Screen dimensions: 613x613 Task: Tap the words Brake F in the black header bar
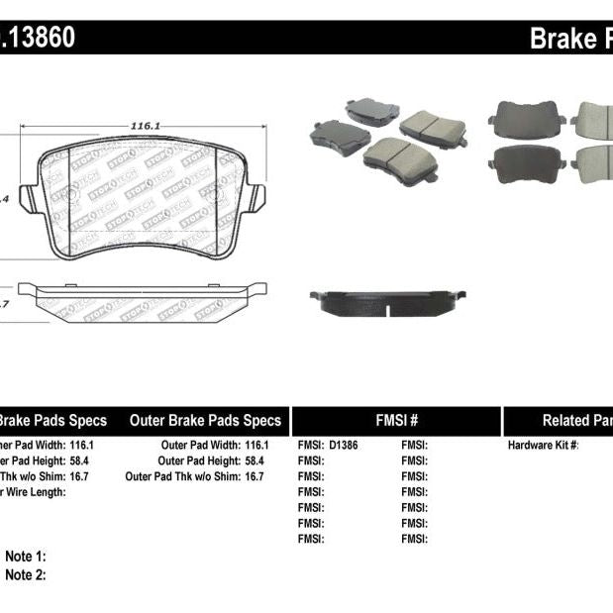coord(570,39)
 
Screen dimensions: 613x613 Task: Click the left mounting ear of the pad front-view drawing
coord(29,198)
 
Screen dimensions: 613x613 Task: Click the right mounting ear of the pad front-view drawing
coord(255,197)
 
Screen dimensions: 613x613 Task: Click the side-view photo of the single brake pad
coord(387,302)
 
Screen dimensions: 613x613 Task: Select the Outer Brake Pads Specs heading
coord(205,420)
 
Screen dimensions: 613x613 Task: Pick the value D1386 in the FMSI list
coord(344,446)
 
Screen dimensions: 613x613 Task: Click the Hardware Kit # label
coord(544,446)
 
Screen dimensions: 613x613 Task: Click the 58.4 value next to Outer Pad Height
coord(255,461)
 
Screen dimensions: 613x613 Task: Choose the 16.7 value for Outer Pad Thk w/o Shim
coord(255,476)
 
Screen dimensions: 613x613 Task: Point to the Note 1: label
coord(26,557)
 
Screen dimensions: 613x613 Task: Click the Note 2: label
coord(26,574)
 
